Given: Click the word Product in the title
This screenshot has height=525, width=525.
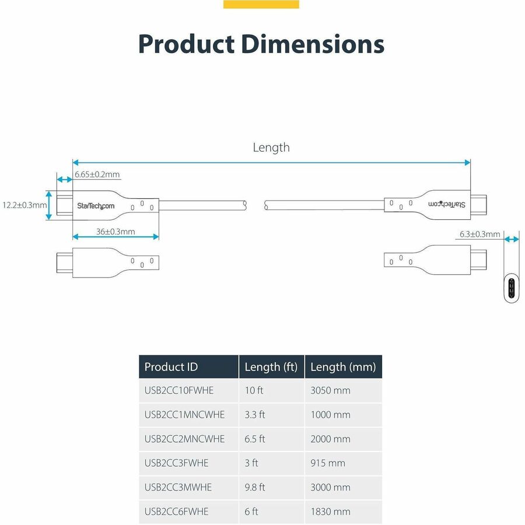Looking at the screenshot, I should point(186,44).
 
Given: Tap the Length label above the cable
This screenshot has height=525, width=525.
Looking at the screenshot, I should point(271,148).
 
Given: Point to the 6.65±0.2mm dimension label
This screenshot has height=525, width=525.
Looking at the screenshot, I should point(97,174).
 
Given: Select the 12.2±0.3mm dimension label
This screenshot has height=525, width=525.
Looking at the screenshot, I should point(24,205).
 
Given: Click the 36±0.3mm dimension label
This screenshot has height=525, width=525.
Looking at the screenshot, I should point(116,232).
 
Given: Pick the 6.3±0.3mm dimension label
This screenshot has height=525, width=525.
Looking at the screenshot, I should point(480,235).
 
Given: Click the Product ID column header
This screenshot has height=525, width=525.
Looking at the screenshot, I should point(171,367).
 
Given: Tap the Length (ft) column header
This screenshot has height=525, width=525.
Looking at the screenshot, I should point(271,367).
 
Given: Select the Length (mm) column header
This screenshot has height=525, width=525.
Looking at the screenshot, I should point(343,367).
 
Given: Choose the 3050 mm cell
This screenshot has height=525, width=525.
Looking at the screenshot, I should point(330,390).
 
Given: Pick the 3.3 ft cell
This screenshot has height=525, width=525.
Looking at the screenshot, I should point(255,415).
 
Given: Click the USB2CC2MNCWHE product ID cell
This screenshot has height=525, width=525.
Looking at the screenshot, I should point(184,439).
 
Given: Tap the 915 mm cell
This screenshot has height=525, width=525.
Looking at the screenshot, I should point(328,463).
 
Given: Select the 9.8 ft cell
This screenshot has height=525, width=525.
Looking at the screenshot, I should point(255,487).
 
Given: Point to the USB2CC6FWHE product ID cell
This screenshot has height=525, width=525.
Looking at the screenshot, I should point(176,512).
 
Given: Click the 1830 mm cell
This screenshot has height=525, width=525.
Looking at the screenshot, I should point(330,512).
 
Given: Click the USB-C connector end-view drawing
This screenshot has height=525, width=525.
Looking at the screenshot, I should point(512,288).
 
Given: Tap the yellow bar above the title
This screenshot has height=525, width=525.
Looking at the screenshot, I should point(261,4).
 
